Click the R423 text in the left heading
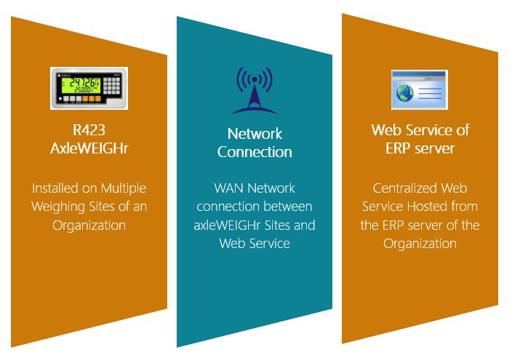pyautogui.click(x=89, y=131)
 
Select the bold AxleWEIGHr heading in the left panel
pyautogui.click(x=89, y=148)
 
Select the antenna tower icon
pyautogui.click(x=255, y=90)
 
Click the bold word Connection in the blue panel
pyautogui.click(x=255, y=152)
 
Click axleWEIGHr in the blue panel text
pyautogui.click(x=228, y=225)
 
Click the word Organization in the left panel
pyautogui.click(x=89, y=225)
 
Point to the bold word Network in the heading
pyautogui.click(x=255, y=134)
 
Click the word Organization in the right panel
pyautogui.click(x=420, y=244)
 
